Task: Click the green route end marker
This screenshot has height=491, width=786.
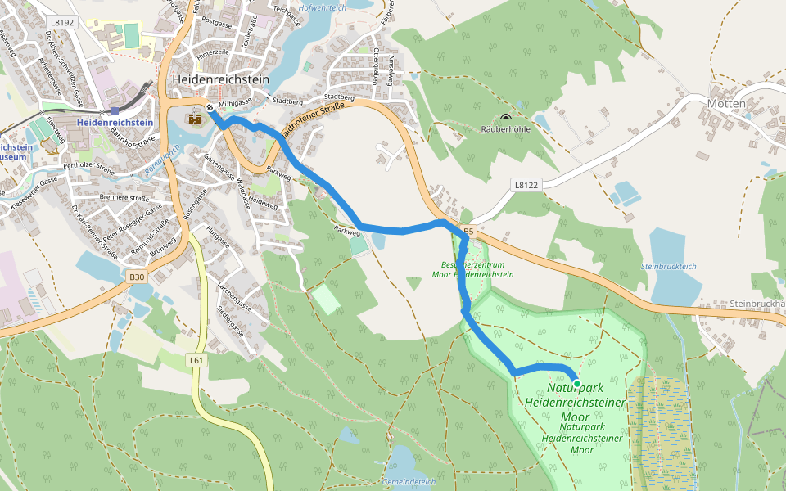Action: tap(576, 383)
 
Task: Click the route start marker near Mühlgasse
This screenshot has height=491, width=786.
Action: tap(210, 108)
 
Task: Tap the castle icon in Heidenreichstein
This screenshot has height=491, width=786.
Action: tap(195, 120)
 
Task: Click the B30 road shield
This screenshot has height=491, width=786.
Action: tap(137, 277)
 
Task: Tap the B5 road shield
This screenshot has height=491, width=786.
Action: tap(468, 232)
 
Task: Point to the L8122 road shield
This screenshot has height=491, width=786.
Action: tap(527, 186)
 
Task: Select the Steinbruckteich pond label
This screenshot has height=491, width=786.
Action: tap(668, 267)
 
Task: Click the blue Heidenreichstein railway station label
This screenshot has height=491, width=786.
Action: tap(115, 123)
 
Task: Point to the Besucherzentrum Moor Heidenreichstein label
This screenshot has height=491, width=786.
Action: tap(472, 269)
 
